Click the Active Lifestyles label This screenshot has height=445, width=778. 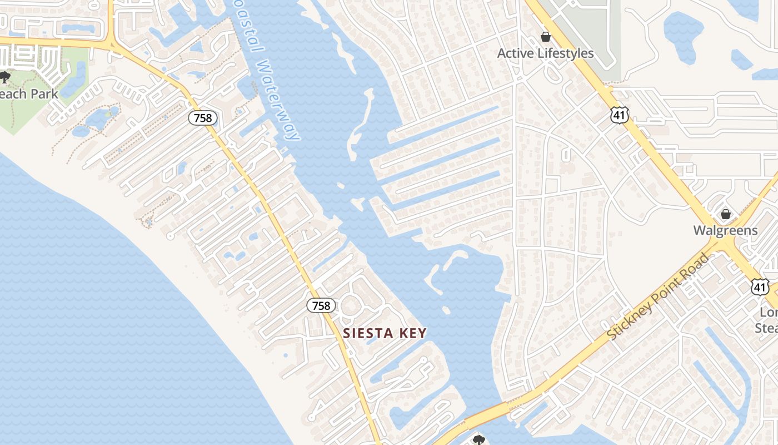545,53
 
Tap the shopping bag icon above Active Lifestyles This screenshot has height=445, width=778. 546,37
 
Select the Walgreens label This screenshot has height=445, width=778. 725,230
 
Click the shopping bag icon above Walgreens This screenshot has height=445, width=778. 725,214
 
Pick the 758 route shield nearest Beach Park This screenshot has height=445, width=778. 202,117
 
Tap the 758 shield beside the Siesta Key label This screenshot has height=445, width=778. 321,305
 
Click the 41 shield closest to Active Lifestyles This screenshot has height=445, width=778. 619,115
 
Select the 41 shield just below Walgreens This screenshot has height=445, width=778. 760,287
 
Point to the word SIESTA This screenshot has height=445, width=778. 368,333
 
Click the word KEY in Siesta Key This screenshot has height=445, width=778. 412,333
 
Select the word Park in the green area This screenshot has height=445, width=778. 44,93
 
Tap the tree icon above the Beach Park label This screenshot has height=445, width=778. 5,77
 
